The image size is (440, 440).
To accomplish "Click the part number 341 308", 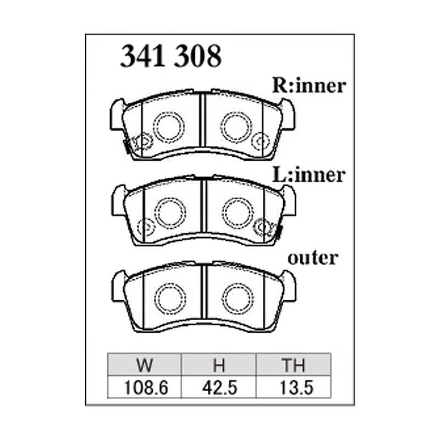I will [x=170, y=56].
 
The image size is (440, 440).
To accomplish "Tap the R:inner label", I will [x=309, y=85].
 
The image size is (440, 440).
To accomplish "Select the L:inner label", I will [x=309, y=175].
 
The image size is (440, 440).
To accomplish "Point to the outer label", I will [x=313, y=257].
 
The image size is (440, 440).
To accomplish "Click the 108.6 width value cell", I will [x=145, y=387].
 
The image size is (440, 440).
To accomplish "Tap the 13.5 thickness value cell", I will [x=294, y=387].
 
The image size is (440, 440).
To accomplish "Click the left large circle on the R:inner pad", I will [x=167, y=127].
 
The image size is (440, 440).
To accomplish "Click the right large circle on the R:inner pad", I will [x=237, y=127].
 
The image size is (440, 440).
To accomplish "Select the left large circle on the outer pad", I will [x=169, y=298].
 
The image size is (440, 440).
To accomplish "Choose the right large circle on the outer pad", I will [x=238, y=298].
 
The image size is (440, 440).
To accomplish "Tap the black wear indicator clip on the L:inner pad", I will [x=278, y=232].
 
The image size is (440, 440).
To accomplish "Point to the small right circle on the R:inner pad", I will [x=259, y=142].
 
